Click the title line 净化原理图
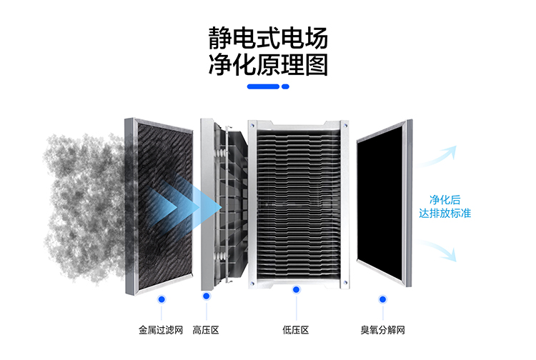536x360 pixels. pyautogui.click(x=268, y=64)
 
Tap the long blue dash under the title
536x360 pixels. pyautogui.click(x=262, y=86)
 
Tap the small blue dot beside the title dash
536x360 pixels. pyautogui.click(x=285, y=86)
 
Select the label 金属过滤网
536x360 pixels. pyautogui.click(x=161, y=331)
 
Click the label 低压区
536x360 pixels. pyautogui.click(x=295, y=331)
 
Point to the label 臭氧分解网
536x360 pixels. pyautogui.click(x=383, y=331)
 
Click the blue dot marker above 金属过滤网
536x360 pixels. pyautogui.click(x=162, y=299)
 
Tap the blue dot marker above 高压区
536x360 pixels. pyautogui.click(x=206, y=296)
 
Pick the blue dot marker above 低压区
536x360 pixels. pyautogui.click(x=295, y=291)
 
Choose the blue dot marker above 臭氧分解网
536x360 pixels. pyautogui.click(x=382, y=299)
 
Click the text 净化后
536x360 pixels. pyautogui.click(x=444, y=199)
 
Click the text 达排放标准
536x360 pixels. pyautogui.click(x=444, y=213)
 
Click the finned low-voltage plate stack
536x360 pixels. pyautogui.click(x=296, y=204)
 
